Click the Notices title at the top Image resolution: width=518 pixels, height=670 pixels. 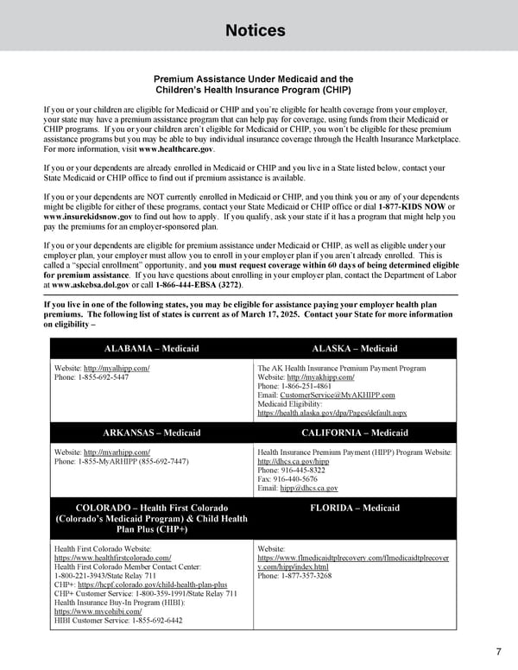[x=255, y=31]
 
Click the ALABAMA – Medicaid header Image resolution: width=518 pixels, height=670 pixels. [x=151, y=349]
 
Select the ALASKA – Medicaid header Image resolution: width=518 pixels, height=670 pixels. [x=354, y=349]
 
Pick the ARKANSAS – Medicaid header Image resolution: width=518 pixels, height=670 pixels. [x=151, y=433]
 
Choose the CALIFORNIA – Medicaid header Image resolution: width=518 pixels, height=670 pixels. [x=354, y=433]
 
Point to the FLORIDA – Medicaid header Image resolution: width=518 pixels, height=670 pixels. [x=354, y=508]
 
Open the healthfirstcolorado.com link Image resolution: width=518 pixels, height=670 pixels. [x=112, y=558]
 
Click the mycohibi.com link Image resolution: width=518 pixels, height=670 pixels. [x=98, y=611]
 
